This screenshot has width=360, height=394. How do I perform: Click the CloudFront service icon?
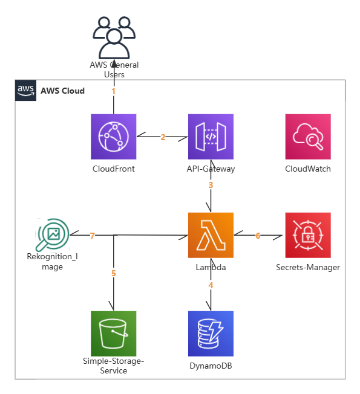(x=114, y=137)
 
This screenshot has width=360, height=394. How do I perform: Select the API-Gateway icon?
(x=211, y=137)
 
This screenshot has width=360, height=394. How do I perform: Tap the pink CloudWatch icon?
(x=308, y=137)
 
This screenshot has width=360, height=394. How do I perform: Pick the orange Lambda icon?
(x=211, y=235)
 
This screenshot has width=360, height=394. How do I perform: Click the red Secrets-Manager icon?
(x=308, y=235)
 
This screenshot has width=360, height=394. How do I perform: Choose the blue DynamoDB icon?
(x=211, y=334)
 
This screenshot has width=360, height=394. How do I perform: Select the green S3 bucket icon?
(x=114, y=334)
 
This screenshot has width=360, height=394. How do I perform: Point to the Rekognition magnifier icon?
(x=53, y=234)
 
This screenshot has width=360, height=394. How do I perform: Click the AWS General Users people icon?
(x=114, y=37)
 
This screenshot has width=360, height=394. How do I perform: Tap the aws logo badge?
(x=25, y=91)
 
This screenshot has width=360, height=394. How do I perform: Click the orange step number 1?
(x=114, y=91)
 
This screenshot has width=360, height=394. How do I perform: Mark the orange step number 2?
(x=163, y=137)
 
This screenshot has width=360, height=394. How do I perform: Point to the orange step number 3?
(x=211, y=185)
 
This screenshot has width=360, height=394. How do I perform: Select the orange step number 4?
(x=211, y=285)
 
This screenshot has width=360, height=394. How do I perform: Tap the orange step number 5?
(x=114, y=273)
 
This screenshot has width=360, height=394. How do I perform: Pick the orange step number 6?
(x=258, y=236)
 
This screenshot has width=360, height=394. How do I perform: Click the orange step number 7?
(x=93, y=236)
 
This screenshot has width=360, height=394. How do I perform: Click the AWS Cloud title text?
(x=63, y=91)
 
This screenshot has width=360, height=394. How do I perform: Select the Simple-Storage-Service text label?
(x=114, y=366)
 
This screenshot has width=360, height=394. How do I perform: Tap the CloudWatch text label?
(x=308, y=169)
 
